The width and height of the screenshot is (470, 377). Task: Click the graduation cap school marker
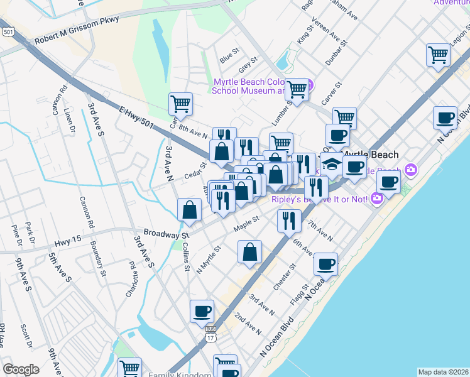[332, 165]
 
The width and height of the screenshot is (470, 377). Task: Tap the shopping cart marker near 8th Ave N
[180, 105]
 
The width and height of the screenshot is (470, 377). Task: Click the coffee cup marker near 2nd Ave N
[202, 312]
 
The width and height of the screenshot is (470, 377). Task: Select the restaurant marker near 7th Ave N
[289, 221]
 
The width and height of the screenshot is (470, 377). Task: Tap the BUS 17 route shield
[210, 334]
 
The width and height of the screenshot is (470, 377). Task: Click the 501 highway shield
[8, 31]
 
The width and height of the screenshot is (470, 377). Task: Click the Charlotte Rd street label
[131, 280]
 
